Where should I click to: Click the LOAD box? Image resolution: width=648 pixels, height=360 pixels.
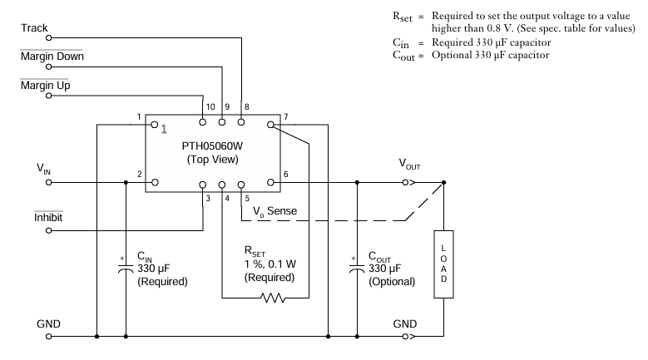[443, 264]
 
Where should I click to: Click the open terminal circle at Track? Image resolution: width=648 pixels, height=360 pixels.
[48, 37]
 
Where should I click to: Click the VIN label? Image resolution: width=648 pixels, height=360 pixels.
[43, 169]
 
